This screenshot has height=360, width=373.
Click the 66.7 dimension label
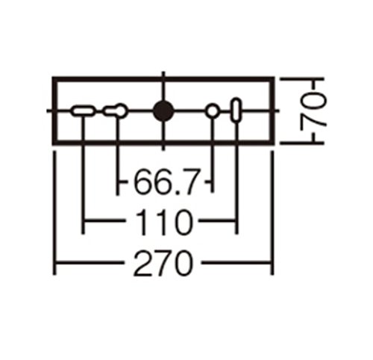point(166,181)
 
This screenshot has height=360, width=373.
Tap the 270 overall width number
point(163,264)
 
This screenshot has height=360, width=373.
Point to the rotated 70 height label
point(313,111)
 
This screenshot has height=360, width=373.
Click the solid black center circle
point(163,111)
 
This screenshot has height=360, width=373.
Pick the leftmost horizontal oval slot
point(83,111)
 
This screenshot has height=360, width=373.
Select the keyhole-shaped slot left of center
point(116,111)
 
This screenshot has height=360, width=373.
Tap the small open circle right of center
point(213,111)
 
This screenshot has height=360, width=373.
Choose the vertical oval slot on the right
point(236,110)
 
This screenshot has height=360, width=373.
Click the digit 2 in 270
point(143,264)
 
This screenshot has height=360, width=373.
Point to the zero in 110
point(184,222)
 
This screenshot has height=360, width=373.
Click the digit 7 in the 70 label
point(313,120)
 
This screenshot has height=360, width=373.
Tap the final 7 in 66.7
point(190,181)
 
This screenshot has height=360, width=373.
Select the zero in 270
point(184,264)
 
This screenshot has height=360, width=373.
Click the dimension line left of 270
point(89,263)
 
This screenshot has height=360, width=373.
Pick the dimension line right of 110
point(217,220)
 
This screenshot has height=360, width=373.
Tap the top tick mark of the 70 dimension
point(302,78)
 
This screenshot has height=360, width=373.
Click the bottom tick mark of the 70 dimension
point(302,143)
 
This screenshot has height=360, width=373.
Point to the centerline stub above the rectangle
point(163,75)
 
